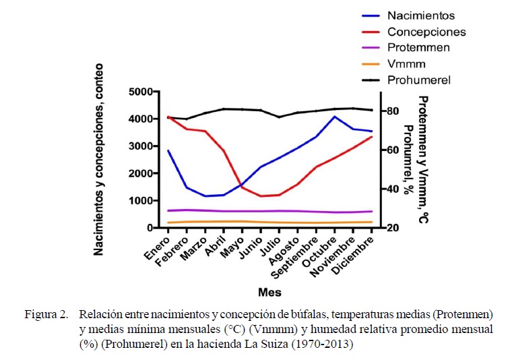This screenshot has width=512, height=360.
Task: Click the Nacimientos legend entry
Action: [x=421, y=16]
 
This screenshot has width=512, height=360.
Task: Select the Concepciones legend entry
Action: [x=426, y=32]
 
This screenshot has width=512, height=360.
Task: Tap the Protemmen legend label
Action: [x=418, y=48]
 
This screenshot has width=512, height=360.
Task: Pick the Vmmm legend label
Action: [x=405, y=64]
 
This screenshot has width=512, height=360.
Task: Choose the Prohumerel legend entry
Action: [x=419, y=80]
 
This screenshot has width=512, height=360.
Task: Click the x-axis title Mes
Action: [x=269, y=293]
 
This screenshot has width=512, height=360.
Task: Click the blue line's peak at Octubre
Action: [x=335, y=117]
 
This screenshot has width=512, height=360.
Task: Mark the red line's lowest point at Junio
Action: [x=261, y=196]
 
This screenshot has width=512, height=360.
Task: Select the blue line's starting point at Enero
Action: [x=168, y=150]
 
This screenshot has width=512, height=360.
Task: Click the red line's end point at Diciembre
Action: [x=372, y=137]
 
